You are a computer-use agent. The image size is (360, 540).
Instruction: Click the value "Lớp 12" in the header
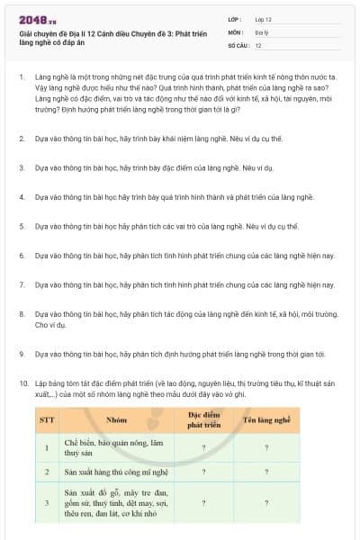(264, 19)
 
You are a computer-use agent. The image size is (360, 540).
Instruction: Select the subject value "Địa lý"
(262, 31)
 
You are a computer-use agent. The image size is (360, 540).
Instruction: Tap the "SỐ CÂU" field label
(238, 45)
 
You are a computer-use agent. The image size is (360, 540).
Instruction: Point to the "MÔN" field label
(236, 31)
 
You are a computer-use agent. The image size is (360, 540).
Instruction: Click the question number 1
(21, 78)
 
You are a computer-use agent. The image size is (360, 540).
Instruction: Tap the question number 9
(21, 354)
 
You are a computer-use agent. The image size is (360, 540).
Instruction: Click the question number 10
(22, 383)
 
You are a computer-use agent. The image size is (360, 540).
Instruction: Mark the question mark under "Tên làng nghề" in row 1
(266, 447)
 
